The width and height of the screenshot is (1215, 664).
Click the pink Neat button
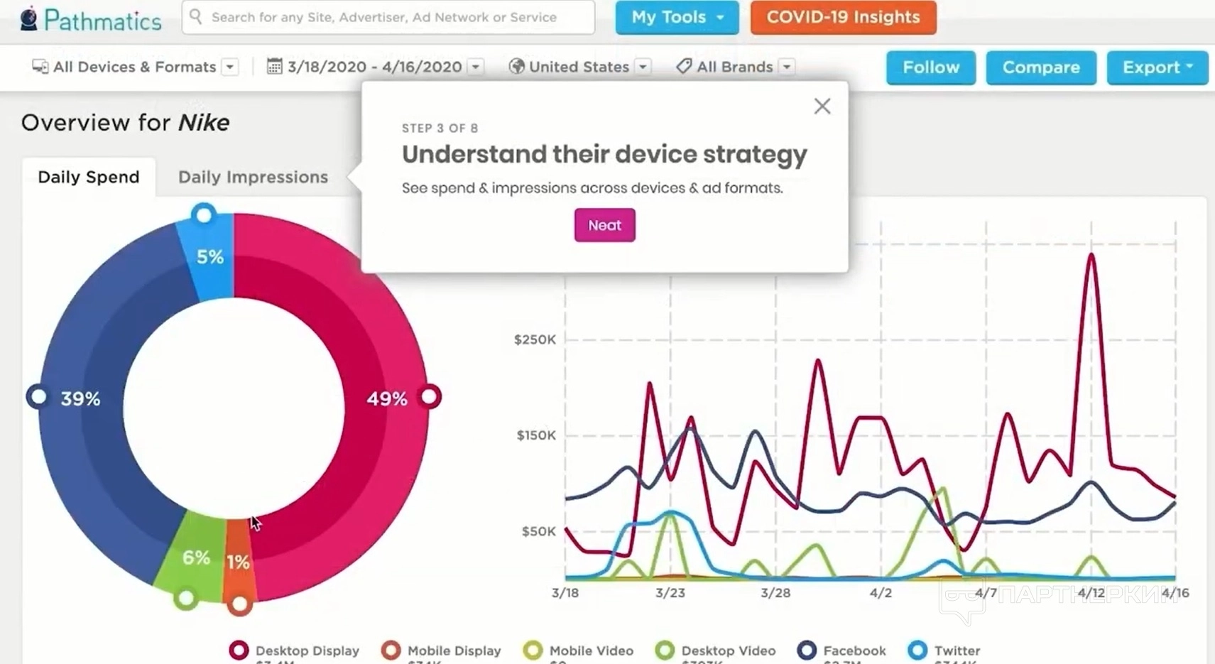(604, 225)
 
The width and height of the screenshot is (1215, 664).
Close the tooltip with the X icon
(822, 107)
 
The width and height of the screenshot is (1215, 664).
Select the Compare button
(1040, 67)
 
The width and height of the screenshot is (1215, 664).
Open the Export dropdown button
(1157, 67)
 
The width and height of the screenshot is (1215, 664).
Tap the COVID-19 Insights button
(843, 17)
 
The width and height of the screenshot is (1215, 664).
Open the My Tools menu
(676, 17)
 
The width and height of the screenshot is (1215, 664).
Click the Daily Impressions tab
(253, 177)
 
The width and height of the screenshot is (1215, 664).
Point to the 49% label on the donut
(387, 399)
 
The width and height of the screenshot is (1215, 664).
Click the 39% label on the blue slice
(80, 399)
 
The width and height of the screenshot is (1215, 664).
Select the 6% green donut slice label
(196, 557)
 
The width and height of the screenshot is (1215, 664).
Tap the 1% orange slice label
(238, 562)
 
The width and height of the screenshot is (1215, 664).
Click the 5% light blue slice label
(210, 257)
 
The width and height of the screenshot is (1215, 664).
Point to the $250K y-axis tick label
(535, 339)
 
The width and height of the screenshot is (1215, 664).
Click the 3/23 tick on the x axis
(670, 593)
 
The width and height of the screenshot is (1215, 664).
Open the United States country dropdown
(579, 67)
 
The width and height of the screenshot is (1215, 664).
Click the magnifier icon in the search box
(196, 16)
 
